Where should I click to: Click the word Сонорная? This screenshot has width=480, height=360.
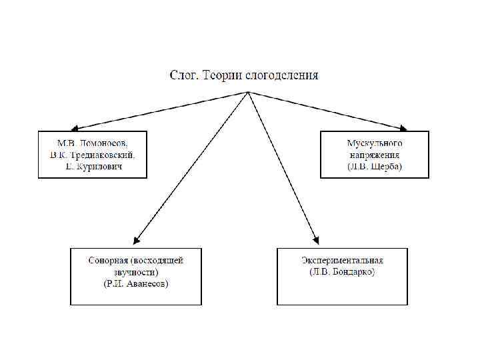tap(108, 260)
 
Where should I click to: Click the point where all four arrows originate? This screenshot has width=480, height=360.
tap(248, 91)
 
